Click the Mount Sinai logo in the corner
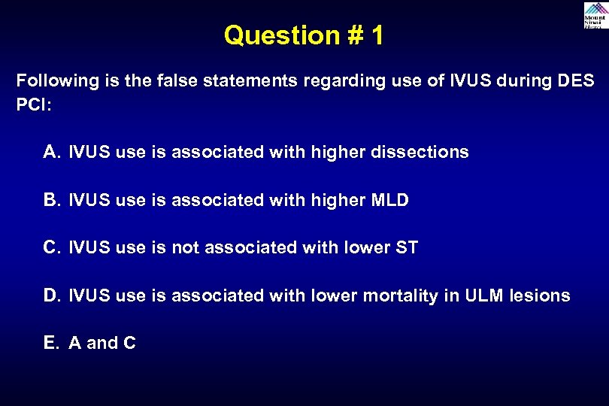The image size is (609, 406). tap(594, 16)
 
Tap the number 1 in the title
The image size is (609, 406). tap(376, 35)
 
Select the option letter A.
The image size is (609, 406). tap(51, 152)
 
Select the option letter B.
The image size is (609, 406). tap(51, 200)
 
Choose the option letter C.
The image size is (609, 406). tap(51, 247)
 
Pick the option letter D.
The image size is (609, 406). tap(51, 295)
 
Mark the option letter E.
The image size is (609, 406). tap(51, 343)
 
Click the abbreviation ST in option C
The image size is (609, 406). tap(406, 247)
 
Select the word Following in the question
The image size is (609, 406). tap(50, 80)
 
